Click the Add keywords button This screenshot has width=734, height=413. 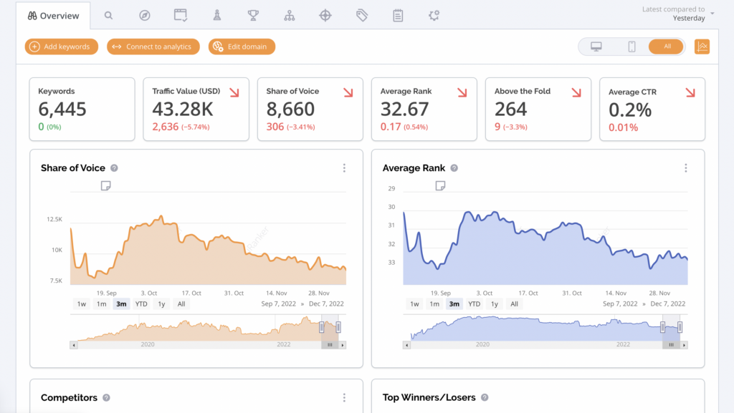tap(62, 47)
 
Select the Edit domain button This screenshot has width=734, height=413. tap(242, 47)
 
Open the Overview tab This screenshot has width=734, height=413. tap(53, 16)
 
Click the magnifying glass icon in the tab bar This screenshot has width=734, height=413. tap(109, 16)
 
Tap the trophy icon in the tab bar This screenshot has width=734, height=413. tap(253, 16)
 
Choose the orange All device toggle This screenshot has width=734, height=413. tap(666, 47)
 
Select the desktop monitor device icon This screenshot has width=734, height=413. tap(596, 47)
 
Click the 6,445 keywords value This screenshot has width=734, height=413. tap(62, 109)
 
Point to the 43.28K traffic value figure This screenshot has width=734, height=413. tap(183, 109)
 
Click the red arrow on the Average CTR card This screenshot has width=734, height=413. tap(690, 92)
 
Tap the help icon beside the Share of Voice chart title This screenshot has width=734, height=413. tap(114, 168)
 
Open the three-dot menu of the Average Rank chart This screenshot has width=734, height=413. tap(686, 168)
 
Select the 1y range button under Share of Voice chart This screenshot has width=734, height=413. tap(161, 304)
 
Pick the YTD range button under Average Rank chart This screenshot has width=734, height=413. tap(475, 304)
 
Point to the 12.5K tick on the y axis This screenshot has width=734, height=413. tap(54, 219)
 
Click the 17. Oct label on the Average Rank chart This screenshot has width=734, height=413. tap(528, 293)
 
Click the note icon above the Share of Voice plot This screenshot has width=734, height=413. tap(106, 186)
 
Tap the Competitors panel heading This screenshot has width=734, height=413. tap(70, 397)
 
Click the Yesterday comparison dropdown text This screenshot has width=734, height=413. tap(689, 18)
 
